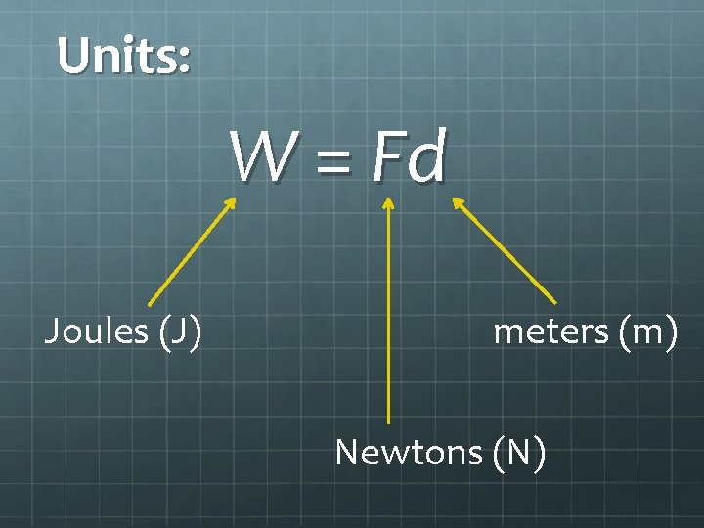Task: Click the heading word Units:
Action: coord(123,56)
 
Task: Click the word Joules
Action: coord(95,332)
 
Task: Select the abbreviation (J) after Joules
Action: coord(179,332)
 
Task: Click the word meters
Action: coord(550,332)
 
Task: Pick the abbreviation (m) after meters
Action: coord(646,332)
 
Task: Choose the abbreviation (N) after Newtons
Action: coord(520,453)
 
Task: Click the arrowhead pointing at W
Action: coord(231,202)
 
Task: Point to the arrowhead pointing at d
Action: coord(457,202)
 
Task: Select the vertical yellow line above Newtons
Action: coord(388,313)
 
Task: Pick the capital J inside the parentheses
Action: coord(179,332)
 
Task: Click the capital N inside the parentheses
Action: coord(520,453)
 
